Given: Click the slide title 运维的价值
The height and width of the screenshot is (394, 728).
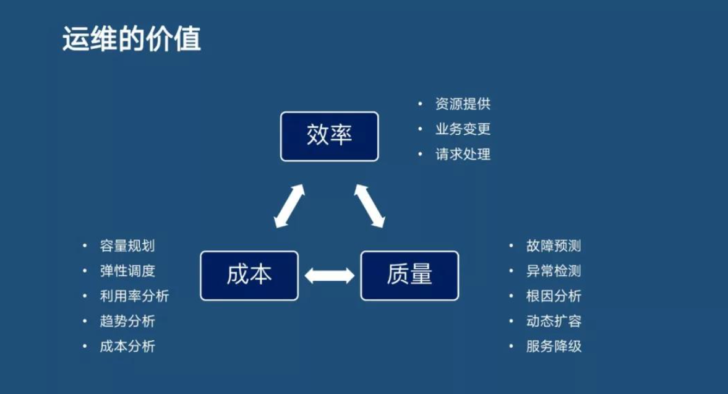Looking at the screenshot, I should [x=132, y=40].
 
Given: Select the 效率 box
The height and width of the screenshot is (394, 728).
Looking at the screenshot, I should [x=329, y=136].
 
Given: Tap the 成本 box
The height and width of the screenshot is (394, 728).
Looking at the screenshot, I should [x=249, y=275].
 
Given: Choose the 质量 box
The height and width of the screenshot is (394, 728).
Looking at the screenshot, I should [x=409, y=275].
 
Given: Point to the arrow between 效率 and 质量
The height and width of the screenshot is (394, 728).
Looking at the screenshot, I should [x=369, y=206].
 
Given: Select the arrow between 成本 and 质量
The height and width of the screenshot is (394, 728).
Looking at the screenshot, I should [x=330, y=275].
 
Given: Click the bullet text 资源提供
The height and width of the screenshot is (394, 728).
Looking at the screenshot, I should [x=463, y=105].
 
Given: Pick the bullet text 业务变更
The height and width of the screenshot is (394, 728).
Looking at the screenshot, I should [x=463, y=129].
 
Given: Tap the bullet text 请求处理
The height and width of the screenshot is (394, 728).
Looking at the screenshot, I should [x=463, y=155].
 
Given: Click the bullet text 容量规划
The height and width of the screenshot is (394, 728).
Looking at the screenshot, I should [x=127, y=246].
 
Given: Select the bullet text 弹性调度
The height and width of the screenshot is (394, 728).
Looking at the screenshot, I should [x=127, y=271].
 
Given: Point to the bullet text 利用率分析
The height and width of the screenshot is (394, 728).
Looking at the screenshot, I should [x=134, y=296].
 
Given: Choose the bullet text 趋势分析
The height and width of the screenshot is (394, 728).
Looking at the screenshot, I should [x=127, y=321].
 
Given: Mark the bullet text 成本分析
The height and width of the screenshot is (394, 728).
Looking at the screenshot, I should [x=127, y=346].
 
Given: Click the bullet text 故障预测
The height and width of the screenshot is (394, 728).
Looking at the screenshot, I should [x=554, y=246].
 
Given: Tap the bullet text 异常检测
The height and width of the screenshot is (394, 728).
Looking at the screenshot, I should [x=554, y=271].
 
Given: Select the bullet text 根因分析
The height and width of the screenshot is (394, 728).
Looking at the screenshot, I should [x=554, y=296].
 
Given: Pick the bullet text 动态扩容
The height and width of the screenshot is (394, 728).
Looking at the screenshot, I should [x=554, y=321].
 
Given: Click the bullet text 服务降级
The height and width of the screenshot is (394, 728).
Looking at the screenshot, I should [x=554, y=346].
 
